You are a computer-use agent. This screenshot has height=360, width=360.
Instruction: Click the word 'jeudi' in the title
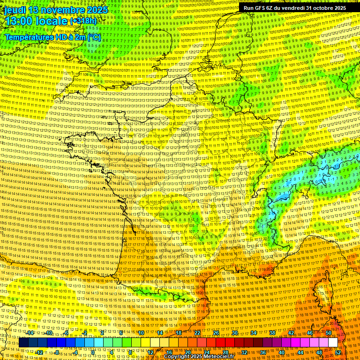tap(13, 10)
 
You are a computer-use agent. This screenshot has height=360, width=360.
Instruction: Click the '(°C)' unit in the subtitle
tap(92, 37)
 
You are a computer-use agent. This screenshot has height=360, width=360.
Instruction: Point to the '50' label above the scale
tap(329, 333)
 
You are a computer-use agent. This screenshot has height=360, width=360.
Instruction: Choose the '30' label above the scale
tap(235, 333)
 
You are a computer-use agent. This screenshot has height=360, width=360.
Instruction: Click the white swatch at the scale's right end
tap(333, 343)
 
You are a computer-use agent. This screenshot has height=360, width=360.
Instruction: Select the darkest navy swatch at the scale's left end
tap(23, 343)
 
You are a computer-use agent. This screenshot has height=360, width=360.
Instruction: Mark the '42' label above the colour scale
tap(291, 333)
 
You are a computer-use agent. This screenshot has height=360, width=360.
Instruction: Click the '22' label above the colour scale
tap(197, 333)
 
